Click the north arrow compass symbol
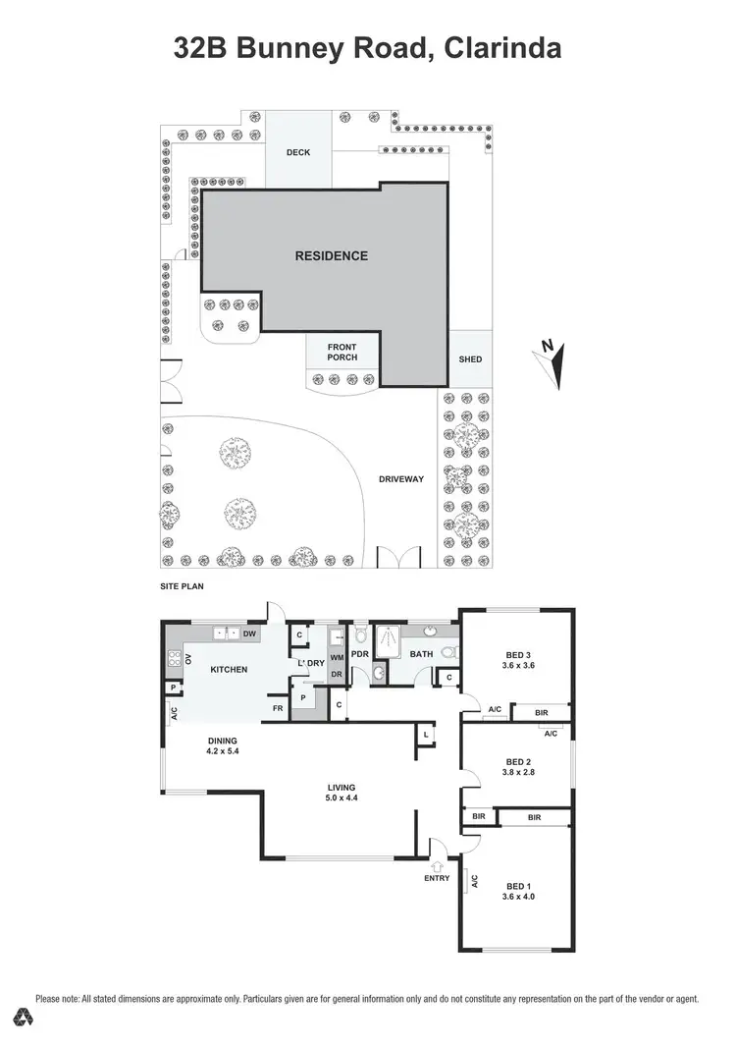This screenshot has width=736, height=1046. [552, 361]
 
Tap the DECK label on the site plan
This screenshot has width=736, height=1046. [298, 152]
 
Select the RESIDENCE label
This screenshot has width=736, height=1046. [332, 255]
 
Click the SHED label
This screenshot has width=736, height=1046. [471, 359]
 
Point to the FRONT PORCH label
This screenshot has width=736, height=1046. [342, 352]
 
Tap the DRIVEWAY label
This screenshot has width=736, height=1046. [401, 479]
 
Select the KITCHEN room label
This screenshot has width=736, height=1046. [229, 670]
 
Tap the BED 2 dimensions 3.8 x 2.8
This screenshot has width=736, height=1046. [518, 773]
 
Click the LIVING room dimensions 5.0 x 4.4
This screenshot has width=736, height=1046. [342, 798]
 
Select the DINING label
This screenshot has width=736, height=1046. [223, 742]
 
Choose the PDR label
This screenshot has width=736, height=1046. [360, 653]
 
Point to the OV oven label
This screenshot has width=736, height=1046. [186, 659]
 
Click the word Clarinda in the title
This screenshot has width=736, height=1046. [501, 48]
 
